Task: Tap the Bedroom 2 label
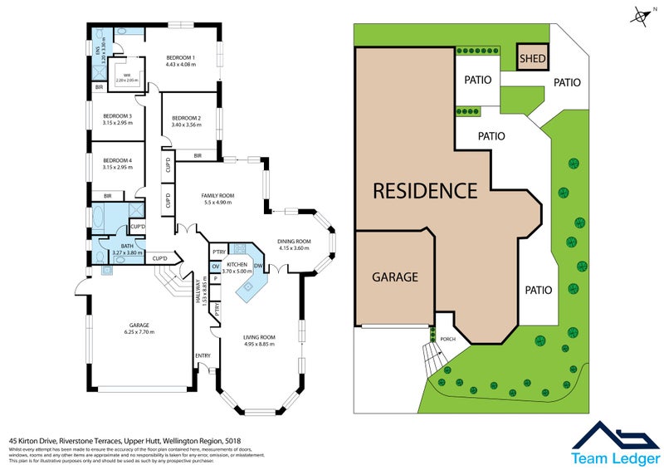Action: coord(186,118)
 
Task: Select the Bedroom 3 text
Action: coord(116,115)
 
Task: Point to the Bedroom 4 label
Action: coord(116,160)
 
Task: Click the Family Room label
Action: coord(217,196)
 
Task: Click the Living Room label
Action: coord(259,337)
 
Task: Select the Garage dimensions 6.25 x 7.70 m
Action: coord(135,332)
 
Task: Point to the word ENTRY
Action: coord(203,355)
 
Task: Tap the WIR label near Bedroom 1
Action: coord(127,76)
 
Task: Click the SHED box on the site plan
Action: coord(532,57)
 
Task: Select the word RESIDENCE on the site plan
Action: coord(424,190)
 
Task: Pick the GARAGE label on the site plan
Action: coord(394,277)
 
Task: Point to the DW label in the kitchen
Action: coord(258,266)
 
